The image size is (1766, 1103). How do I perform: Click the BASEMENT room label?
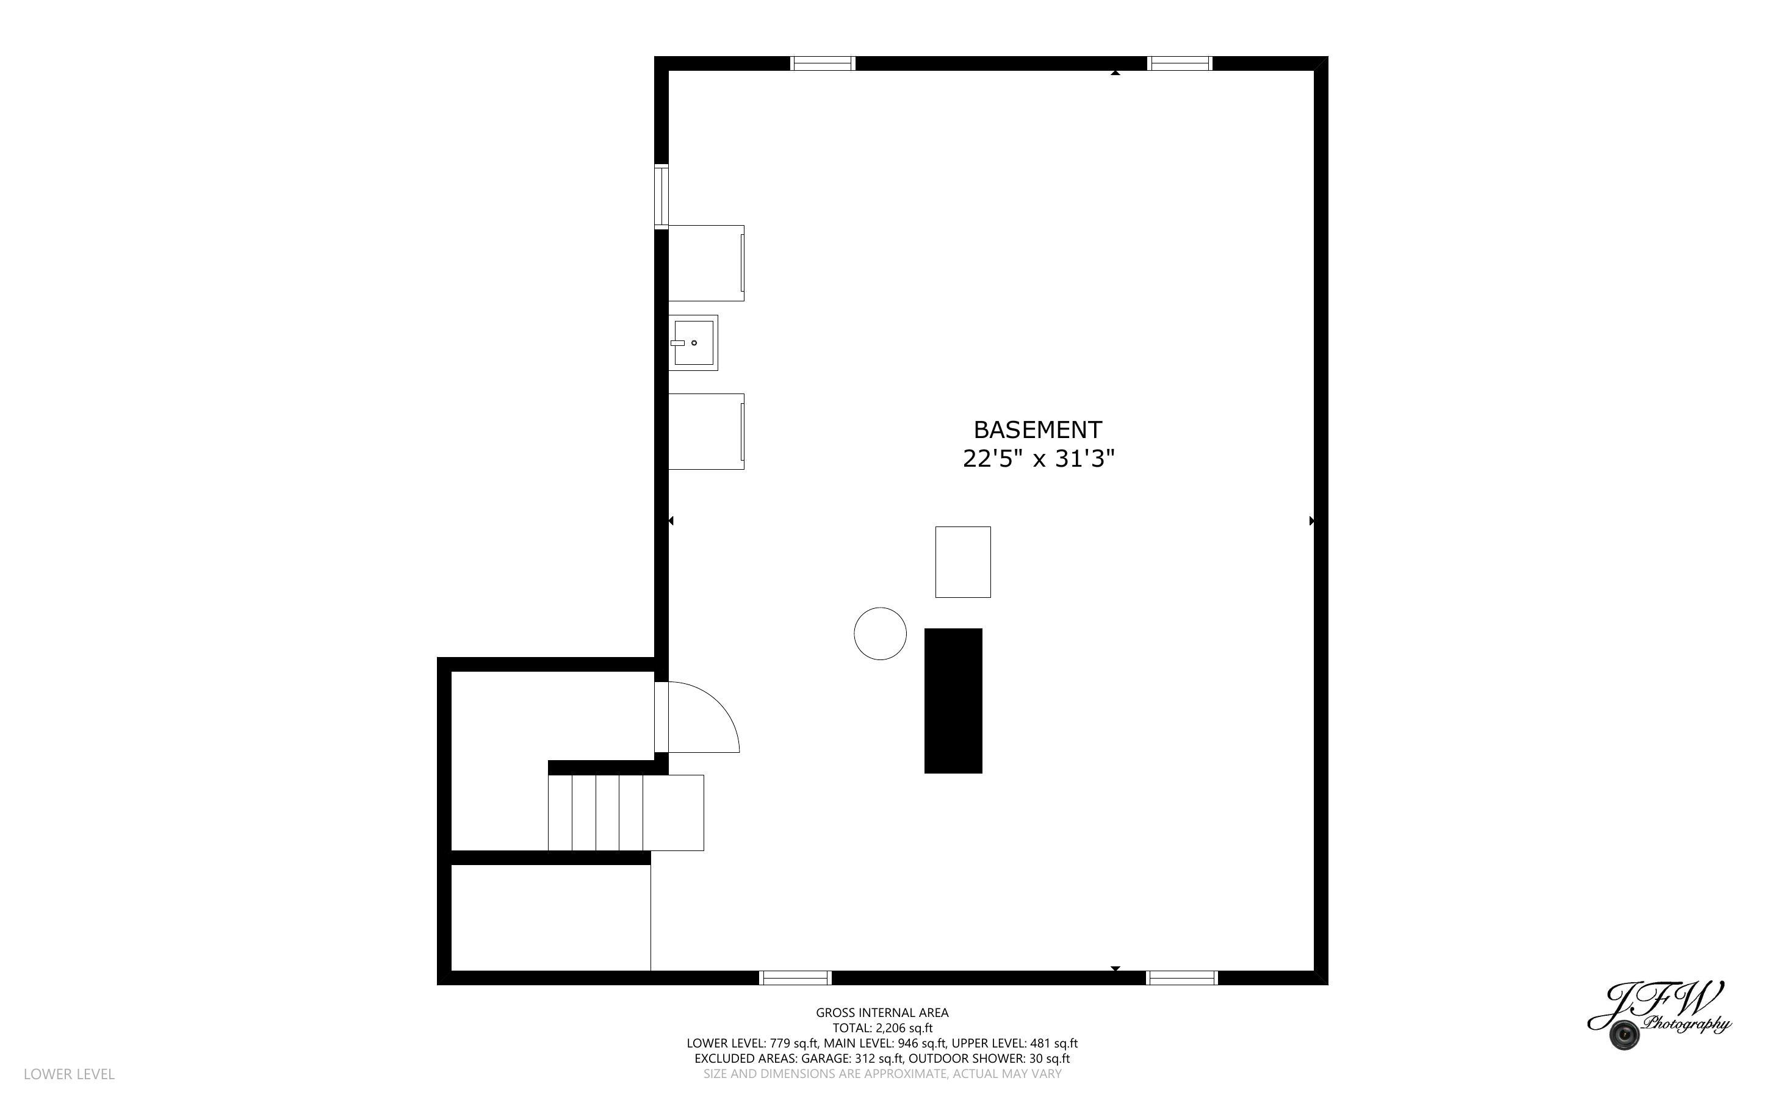click(x=1037, y=429)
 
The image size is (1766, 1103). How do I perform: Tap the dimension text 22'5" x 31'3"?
click(x=1038, y=459)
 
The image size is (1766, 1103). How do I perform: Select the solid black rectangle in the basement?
click(x=953, y=700)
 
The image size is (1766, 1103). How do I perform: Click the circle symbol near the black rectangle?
click(x=880, y=634)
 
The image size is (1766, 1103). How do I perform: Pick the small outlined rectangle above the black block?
click(x=962, y=562)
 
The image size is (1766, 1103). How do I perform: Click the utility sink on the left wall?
click(x=693, y=343)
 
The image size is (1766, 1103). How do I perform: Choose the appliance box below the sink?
click(x=706, y=431)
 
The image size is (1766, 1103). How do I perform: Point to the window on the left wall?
click(x=661, y=196)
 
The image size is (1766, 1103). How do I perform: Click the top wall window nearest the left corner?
click(x=823, y=63)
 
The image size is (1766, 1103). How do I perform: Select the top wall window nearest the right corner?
click(x=1180, y=63)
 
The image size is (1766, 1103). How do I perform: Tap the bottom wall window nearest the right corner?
click(x=1182, y=977)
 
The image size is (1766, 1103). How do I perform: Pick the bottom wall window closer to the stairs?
click(x=795, y=977)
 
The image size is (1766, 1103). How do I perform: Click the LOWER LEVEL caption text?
click(x=70, y=1074)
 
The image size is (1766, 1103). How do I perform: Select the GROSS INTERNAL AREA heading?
click(x=882, y=1013)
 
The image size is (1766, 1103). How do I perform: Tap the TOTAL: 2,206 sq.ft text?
click(x=882, y=1028)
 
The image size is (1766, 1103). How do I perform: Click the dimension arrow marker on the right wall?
click(x=1311, y=521)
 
